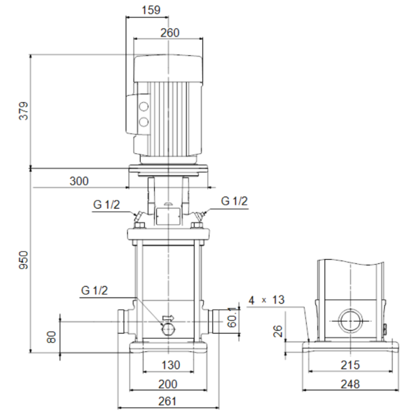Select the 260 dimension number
click(170, 33)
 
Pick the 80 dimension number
click(51, 337)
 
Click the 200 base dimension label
click(170, 384)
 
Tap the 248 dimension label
click(351, 384)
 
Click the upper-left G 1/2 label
click(107, 204)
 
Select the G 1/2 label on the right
click(234, 201)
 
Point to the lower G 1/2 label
click(95, 291)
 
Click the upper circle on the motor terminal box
click(144, 107)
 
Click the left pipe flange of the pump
click(126, 322)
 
